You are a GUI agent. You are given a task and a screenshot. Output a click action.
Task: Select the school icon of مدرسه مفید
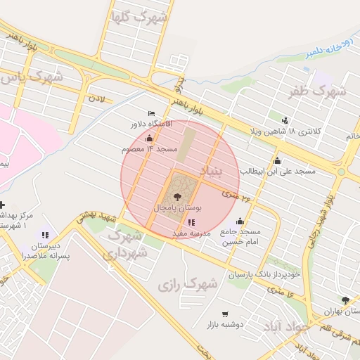click(x=191, y=222)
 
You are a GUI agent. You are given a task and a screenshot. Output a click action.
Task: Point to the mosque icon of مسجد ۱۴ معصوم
click(x=149, y=139)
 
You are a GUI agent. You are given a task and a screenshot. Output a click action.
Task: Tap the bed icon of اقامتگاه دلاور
click(x=151, y=113)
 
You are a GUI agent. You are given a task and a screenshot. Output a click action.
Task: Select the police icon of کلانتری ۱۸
click(x=285, y=120)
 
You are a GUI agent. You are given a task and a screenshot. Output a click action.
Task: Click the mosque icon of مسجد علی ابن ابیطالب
click(x=277, y=160)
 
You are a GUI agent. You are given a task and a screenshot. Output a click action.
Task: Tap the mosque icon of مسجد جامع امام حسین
click(x=240, y=221)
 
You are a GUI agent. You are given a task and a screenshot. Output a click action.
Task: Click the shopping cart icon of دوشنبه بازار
click(x=225, y=314)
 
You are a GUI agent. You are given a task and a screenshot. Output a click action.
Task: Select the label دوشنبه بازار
click(x=224, y=324)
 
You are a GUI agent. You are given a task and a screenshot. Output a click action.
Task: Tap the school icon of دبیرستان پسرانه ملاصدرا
click(x=46, y=235)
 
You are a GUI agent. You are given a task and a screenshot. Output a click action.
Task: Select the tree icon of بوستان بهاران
click(x=345, y=300)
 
